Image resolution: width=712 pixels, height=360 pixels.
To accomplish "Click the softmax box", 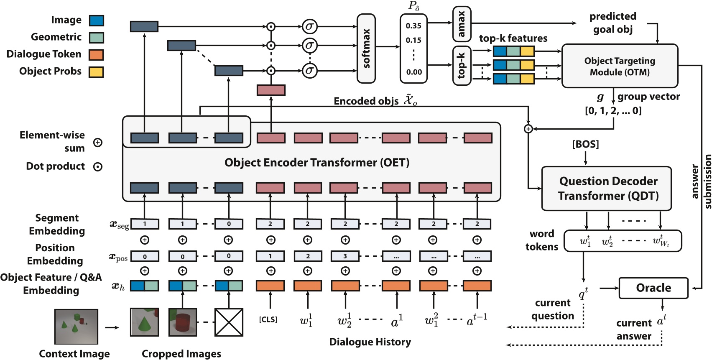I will pos(366,49).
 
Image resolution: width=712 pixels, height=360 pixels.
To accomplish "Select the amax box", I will pos(462,24).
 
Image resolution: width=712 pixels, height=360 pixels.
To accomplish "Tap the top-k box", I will pos(462,66).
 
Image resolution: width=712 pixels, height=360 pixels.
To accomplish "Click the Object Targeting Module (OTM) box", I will pos(619,66).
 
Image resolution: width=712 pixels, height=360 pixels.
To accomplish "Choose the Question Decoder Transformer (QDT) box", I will pos(606,189).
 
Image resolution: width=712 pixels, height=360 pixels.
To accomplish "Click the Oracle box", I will pos(653,288).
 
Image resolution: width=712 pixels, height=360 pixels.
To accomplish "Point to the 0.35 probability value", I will pos(413,26).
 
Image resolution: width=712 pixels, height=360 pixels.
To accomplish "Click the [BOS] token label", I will pos(585,144).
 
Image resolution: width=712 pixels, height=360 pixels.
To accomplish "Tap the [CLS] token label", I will pos(268,319).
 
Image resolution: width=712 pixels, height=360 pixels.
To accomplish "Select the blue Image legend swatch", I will pos(97,20).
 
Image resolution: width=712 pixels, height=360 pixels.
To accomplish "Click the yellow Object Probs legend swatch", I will pos(96,72).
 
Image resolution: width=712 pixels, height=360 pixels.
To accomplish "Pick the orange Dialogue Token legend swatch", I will pos(96,55).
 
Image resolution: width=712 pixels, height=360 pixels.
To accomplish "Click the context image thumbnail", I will pos(76,327).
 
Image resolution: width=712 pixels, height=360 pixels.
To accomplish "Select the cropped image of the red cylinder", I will pos(182,322).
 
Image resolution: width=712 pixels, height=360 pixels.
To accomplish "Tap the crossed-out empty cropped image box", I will pos(229,322).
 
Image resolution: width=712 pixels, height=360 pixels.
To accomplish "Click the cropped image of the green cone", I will pos(144,322).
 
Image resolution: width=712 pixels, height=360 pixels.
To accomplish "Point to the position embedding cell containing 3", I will pos(345,256).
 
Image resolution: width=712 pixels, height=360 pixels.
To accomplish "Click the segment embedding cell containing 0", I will pos(229,224).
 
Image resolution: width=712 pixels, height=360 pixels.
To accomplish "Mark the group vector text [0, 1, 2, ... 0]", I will pos(613,111).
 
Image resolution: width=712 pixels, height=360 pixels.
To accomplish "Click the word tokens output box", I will pos(623,241).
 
